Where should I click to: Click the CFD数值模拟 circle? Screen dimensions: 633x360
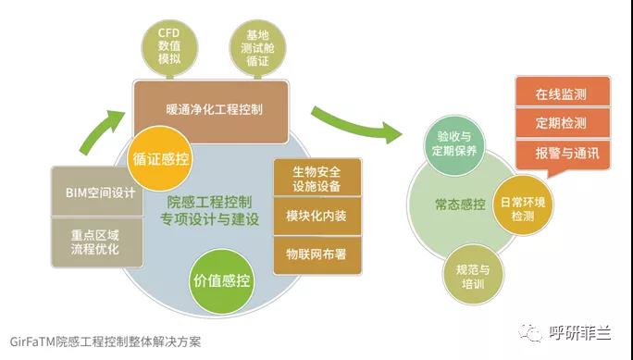click(169, 47)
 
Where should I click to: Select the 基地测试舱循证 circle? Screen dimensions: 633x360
click(257, 48)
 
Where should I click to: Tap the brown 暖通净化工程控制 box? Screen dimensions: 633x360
click(211, 111)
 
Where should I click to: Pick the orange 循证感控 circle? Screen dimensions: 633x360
click(160, 158)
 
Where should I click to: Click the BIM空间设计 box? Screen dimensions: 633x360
click(97, 192)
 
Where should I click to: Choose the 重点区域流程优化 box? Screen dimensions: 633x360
click(97, 242)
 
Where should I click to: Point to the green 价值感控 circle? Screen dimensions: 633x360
click(221, 281)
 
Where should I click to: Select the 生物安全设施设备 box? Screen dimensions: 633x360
click(317, 178)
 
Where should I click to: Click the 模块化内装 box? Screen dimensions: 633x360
click(317, 216)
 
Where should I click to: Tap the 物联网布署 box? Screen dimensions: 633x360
click(317, 255)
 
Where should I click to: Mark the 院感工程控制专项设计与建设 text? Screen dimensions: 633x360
click(209, 211)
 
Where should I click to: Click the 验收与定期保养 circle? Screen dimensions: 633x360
click(454, 144)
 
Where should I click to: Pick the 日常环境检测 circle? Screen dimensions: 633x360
click(523, 205)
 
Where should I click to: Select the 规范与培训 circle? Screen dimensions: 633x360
click(473, 275)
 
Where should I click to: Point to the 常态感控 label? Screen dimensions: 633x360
click(460, 205)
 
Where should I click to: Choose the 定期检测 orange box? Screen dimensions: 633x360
click(563, 123)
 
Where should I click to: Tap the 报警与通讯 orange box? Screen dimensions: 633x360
click(563, 154)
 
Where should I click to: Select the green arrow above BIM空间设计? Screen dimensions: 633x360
click(101, 131)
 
